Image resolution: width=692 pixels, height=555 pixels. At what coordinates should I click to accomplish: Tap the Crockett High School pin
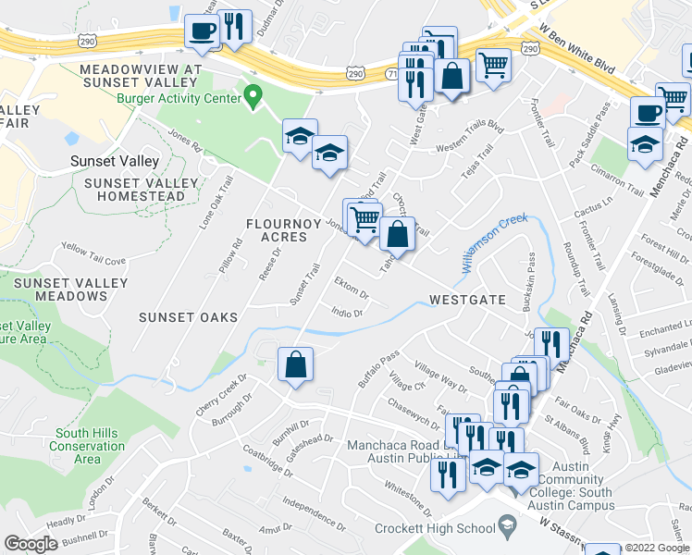point(507,528)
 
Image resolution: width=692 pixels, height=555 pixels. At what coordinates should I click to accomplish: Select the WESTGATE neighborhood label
point(467,301)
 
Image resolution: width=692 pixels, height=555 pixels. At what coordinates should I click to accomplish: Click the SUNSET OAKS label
point(188,317)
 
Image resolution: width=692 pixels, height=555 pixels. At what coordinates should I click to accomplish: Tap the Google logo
point(31,544)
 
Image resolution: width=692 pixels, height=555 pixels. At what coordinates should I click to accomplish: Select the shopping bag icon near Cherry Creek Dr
point(295,365)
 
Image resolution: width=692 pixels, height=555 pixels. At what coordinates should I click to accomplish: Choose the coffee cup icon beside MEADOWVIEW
point(202,32)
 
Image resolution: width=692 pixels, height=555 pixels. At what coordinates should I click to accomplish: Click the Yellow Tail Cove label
point(93,254)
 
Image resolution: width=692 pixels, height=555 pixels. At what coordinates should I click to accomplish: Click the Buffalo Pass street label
point(378,367)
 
